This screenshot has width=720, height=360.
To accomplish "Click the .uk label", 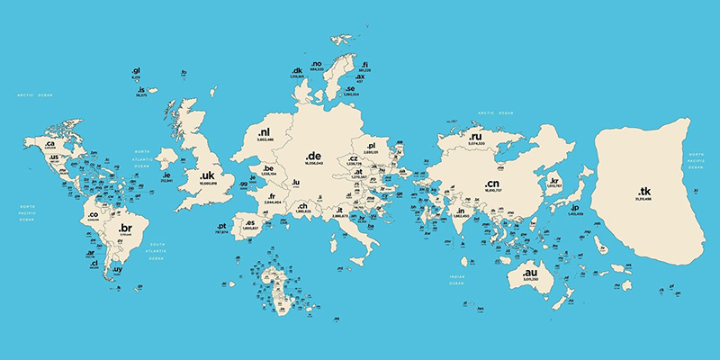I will pos(207,175).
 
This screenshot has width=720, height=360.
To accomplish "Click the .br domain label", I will pos(125,229).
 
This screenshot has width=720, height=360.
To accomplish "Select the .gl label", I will pos(136,69).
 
